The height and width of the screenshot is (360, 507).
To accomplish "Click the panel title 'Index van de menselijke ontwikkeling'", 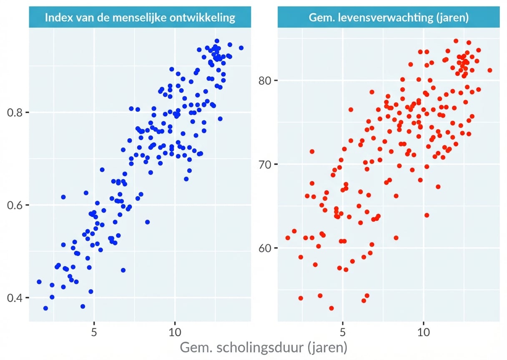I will pyautogui.click(x=140, y=18).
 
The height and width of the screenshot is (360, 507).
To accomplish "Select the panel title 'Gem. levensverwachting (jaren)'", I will pyautogui.click(x=388, y=18).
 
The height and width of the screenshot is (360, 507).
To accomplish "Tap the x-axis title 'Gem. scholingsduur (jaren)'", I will pyautogui.click(x=264, y=347).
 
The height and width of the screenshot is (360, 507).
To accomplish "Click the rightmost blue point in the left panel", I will pyautogui.click(x=241, y=48).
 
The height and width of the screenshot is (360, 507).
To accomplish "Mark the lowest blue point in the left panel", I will pyautogui.click(x=45, y=308).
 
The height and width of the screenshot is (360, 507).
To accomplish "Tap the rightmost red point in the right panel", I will pyautogui.click(x=489, y=70).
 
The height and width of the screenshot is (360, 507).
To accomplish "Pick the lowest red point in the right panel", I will pyautogui.click(x=331, y=308).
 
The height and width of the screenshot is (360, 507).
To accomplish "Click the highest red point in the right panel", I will pyautogui.click(x=456, y=41).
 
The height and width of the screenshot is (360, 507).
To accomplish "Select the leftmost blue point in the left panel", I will pyautogui.click(x=39, y=282).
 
